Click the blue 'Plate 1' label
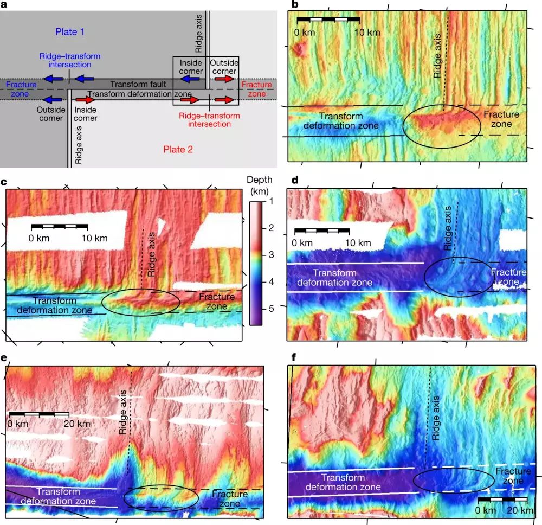[x=70, y=32]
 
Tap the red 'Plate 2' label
[x=178, y=149]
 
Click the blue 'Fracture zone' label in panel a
[x=21, y=89]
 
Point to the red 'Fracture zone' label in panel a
[x=256, y=89]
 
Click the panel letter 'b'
[x=295, y=5]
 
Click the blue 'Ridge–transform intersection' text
[x=69, y=61]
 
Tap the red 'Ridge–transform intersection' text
[x=205, y=119]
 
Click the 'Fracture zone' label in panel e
[x=230, y=499]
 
